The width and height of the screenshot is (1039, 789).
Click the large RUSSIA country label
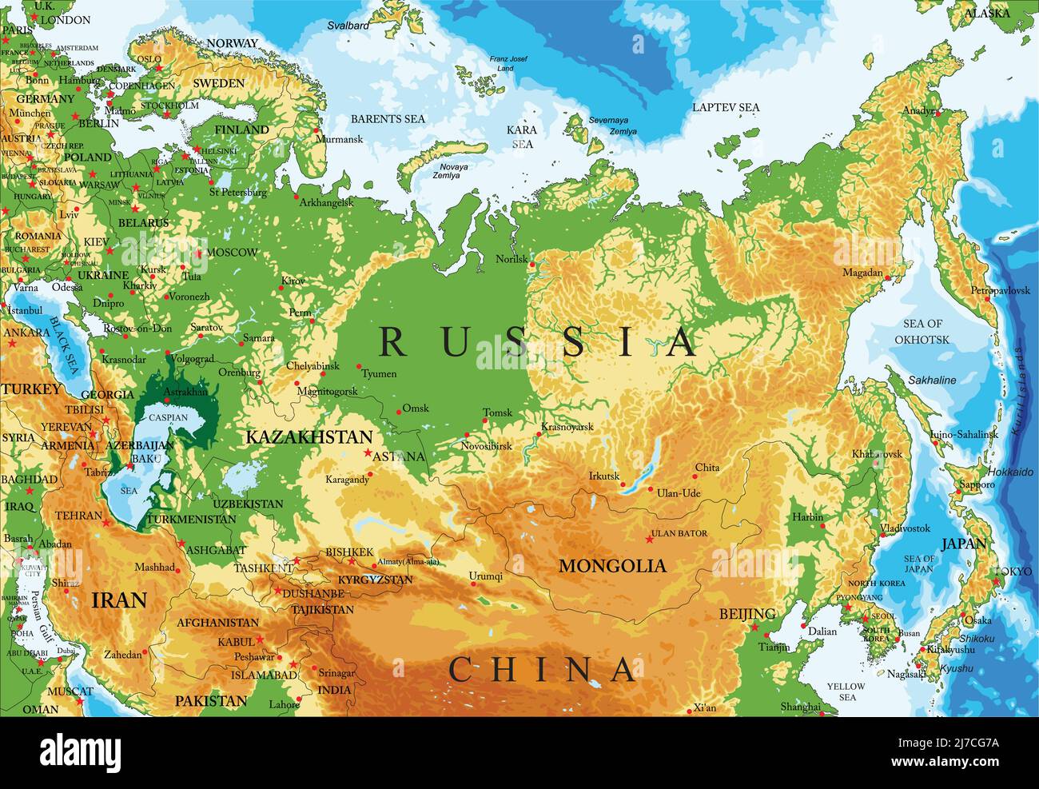click(537, 341)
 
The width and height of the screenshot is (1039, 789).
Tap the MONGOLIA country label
click(612, 566)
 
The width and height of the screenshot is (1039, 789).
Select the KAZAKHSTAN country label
click(309, 437)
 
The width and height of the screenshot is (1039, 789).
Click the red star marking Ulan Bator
click(649, 540)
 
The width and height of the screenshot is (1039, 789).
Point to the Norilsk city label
click(512, 260)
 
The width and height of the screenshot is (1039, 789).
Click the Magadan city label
click(862, 273)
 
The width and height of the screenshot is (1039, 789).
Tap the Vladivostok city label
click(905, 528)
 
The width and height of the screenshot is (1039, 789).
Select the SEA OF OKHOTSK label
click(923, 332)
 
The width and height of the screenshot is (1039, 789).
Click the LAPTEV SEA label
click(726, 107)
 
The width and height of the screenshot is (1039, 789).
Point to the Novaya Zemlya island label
click(451, 171)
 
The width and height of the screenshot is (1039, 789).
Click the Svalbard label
click(348, 26)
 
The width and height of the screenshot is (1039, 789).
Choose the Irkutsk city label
click(604, 476)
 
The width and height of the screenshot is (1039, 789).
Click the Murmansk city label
click(339, 139)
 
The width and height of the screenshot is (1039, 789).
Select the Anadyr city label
click(918, 110)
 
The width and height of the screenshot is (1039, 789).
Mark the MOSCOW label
click(232, 252)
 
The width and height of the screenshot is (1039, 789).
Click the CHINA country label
click(543, 670)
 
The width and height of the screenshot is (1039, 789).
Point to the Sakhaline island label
click(932, 381)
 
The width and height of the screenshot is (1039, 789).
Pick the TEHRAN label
click(79, 516)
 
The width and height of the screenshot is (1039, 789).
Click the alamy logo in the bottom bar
click(80, 751)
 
